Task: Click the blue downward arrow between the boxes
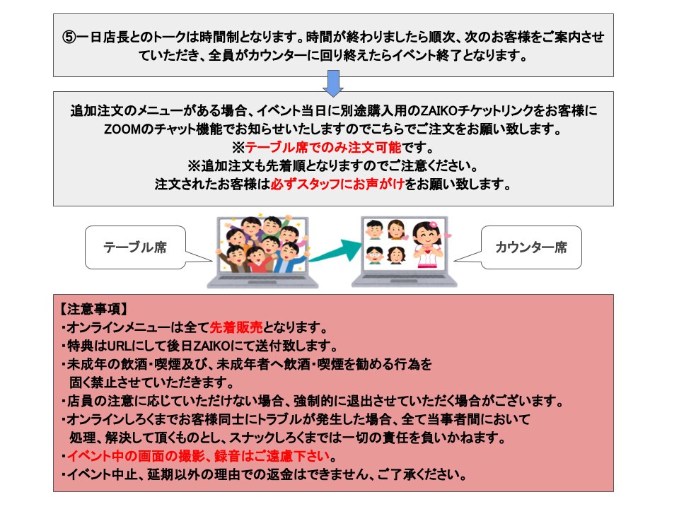333,83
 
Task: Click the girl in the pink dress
428,245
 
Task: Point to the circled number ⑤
69,37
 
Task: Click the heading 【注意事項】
93,309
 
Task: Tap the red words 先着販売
236,327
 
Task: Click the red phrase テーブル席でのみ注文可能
323,148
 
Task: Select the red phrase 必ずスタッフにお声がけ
337,185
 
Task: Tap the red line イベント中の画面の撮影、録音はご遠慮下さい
198,456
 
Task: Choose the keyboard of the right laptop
404,280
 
